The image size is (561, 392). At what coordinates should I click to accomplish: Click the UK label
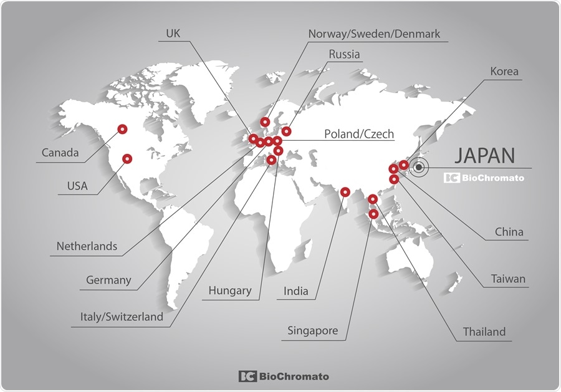click(x=173, y=33)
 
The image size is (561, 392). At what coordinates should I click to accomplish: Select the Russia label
click(x=344, y=54)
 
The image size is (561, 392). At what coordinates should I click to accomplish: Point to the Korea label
click(x=504, y=72)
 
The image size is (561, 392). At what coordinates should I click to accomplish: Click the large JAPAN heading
click(x=484, y=156)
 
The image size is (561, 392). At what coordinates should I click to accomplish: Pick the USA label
click(x=77, y=186)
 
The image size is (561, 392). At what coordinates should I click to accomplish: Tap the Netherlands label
click(x=87, y=246)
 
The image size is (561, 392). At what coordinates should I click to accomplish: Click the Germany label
click(x=108, y=280)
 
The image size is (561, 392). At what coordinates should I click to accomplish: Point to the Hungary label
click(x=230, y=290)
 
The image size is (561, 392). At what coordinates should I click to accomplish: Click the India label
click(x=296, y=291)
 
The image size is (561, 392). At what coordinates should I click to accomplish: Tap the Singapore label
click(x=312, y=330)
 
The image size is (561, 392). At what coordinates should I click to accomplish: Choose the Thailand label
click(x=484, y=332)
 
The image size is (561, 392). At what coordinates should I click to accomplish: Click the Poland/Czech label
click(x=359, y=134)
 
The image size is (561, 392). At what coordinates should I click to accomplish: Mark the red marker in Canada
click(x=123, y=130)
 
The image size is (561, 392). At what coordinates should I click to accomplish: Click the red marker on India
click(x=345, y=191)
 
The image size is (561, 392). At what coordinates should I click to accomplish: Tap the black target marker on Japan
click(x=420, y=167)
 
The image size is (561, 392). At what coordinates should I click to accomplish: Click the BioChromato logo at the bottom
click(x=284, y=376)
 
